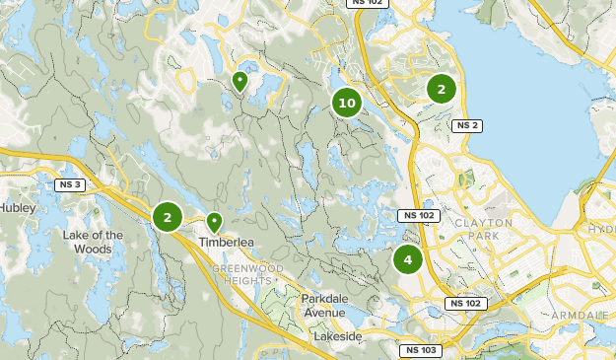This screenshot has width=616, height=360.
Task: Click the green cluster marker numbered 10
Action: click(346, 102)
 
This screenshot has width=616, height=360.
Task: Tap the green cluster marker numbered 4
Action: click(407, 260)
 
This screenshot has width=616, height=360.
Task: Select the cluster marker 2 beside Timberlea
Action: click(168, 217)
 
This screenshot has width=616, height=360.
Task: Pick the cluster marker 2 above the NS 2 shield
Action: click(441, 89)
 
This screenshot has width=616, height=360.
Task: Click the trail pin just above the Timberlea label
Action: click(214, 222)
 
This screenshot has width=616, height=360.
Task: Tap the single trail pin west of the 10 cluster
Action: click(239, 80)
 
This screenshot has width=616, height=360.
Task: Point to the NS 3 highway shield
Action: click(69, 184)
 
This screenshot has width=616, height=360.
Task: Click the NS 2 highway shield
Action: click(466, 125)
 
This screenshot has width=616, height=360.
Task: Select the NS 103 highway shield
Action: click(420, 350)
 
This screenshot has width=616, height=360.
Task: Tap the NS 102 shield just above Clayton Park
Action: click(417, 215)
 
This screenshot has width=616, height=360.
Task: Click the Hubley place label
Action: click(17, 208)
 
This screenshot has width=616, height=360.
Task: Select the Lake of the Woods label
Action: click(93, 242)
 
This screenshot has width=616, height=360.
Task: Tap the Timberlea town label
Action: click(227, 242)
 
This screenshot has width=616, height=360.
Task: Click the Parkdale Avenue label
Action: click(324, 306)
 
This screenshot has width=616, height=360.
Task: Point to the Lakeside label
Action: click(338, 336)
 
